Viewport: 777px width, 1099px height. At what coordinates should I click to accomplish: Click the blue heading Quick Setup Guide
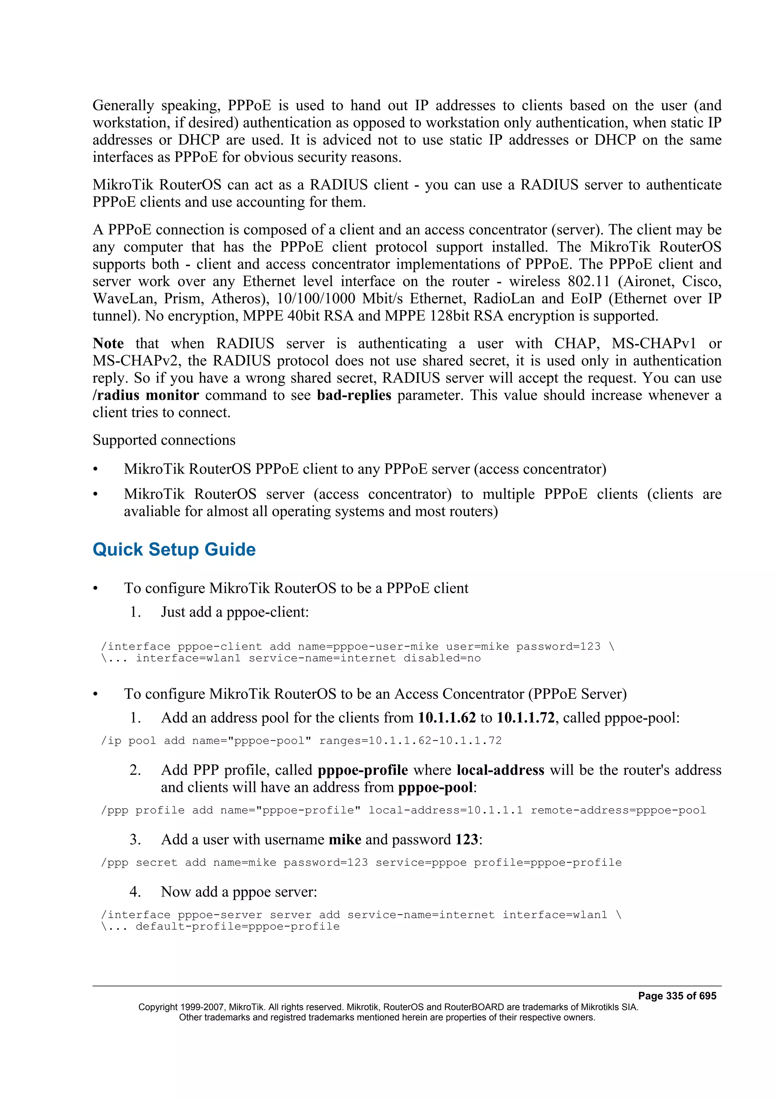(174, 549)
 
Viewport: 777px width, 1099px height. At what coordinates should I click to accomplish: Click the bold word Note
(108, 343)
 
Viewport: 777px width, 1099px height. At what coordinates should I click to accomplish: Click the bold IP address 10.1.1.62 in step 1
(447, 717)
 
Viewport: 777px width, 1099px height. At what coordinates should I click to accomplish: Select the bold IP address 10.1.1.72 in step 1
(525, 717)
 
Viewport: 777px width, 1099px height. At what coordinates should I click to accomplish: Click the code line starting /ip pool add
(301, 741)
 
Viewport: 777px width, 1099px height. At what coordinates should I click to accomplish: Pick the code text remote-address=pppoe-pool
(618, 810)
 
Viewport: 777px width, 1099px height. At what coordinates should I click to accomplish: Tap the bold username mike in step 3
(345, 839)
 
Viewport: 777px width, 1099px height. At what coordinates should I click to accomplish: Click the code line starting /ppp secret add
(361, 862)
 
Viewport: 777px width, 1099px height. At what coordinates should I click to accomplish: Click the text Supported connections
(164, 440)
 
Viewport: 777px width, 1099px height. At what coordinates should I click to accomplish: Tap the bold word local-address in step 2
(500, 770)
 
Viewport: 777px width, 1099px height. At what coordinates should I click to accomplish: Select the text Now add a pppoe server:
(239, 891)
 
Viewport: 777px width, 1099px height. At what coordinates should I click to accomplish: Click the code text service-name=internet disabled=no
(364, 658)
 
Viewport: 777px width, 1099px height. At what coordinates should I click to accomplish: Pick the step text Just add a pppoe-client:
(234, 612)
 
